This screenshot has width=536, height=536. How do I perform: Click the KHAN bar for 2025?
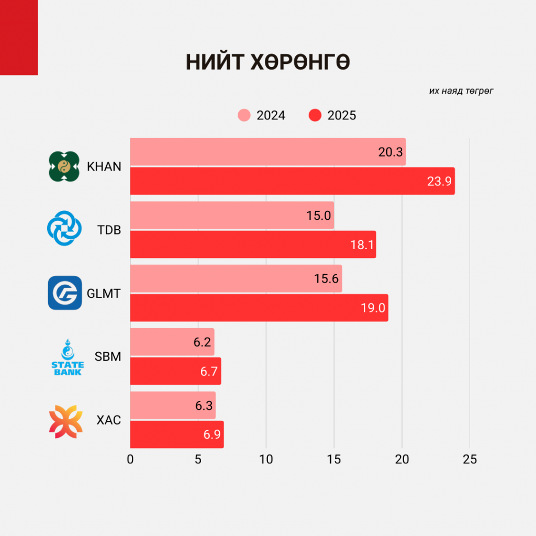click(x=292, y=181)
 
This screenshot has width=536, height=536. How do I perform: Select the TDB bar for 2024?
click(x=232, y=215)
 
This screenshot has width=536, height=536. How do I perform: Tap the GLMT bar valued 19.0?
click(x=259, y=308)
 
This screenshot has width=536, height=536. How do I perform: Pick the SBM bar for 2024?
click(x=172, y=342)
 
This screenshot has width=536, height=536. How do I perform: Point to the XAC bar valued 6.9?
click(x=177, y=434)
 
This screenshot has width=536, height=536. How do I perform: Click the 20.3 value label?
click(x=390, y=152)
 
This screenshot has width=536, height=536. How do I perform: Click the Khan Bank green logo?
click(x=64, y=166)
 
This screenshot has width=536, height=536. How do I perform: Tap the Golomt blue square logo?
click(x=65, y=293)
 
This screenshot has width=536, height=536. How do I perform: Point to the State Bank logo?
click(x=66, y=357)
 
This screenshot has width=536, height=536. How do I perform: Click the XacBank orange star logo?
click(x=65, y=421)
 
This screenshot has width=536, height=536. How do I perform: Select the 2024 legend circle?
click(x=244, y=115)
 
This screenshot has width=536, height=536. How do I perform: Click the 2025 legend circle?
click(x=315, y=115)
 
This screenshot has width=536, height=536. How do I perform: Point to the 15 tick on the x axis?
click(x=334, y=460)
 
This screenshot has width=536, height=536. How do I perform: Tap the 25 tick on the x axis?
click(x=470, y=460)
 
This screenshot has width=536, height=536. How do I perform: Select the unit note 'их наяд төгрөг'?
click(x=461, y=91)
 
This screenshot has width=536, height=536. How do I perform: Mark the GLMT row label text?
click(x=104, y=294)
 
